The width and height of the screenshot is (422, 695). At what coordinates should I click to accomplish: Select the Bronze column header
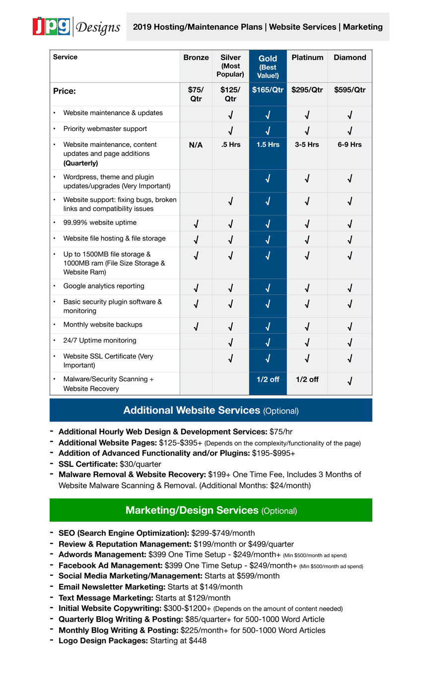click(x=196, y=58)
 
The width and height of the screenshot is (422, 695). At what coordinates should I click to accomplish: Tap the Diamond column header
click(x=350, y=58)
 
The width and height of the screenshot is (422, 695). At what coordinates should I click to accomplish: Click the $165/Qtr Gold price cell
click(x=268, y=90)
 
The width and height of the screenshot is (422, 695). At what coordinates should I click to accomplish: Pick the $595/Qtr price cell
click(x=350, y=90)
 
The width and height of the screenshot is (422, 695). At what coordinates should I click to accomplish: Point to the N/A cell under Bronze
click(x=196, y=145)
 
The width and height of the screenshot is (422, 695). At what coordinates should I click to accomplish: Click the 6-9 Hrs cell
click(x=350, y=144)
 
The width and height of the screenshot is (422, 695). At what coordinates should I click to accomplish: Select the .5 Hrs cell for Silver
click(x=230, y=144)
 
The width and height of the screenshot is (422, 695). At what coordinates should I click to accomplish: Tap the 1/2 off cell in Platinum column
click(x=307, y=379)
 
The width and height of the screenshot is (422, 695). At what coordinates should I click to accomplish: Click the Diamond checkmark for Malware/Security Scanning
click(x=350, y=381)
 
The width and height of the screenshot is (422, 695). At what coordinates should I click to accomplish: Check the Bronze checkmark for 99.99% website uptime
click(x=196, y=223)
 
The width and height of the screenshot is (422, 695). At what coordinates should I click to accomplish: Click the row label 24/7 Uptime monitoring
click(x=99, y=341)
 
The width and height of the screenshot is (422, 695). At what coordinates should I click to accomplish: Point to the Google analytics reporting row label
click(x=104, y=286)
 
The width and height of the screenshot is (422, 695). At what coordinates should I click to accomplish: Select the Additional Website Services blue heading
click(x=211, y=410)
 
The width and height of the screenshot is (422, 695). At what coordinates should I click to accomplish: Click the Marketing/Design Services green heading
click(x=211, y=510)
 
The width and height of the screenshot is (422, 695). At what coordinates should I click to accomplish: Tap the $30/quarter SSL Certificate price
click(x=141, y=464)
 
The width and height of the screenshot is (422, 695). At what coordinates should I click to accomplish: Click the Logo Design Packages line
click(x=133, y=640)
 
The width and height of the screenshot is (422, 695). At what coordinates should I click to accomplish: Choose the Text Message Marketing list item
click(x=144, y=598)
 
